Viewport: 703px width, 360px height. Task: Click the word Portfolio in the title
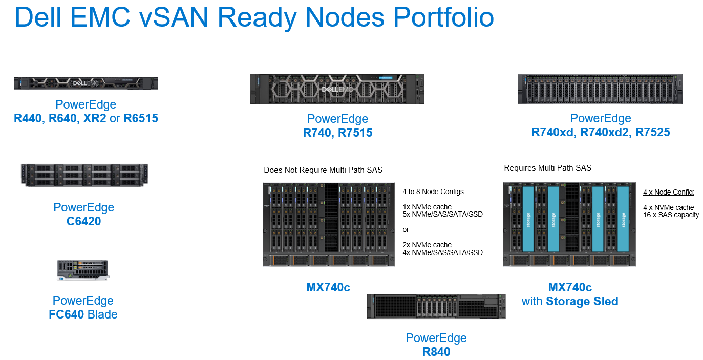[444, 17]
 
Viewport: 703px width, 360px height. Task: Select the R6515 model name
[141, 119]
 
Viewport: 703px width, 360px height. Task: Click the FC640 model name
[67, 314]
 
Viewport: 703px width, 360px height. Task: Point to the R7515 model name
[355, 133]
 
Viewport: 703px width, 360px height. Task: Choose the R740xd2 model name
[609, 133]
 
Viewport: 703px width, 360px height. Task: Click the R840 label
[436, 352]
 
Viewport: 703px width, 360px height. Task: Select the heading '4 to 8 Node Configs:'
[434, 192]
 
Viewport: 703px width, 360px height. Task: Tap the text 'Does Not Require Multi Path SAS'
[323, 170]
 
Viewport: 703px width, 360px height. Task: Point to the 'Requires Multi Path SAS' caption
[547, 168]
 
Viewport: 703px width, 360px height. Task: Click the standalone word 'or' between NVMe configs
[406, 229]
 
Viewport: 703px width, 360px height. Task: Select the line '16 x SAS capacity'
[671, 215]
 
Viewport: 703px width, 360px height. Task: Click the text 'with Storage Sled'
[569, 301]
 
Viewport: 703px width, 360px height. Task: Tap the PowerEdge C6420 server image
[84, 175]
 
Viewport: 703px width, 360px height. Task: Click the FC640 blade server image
[83, 270]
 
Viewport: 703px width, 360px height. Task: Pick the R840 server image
[436, 306]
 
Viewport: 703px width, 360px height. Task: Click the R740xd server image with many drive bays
[600, 89]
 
